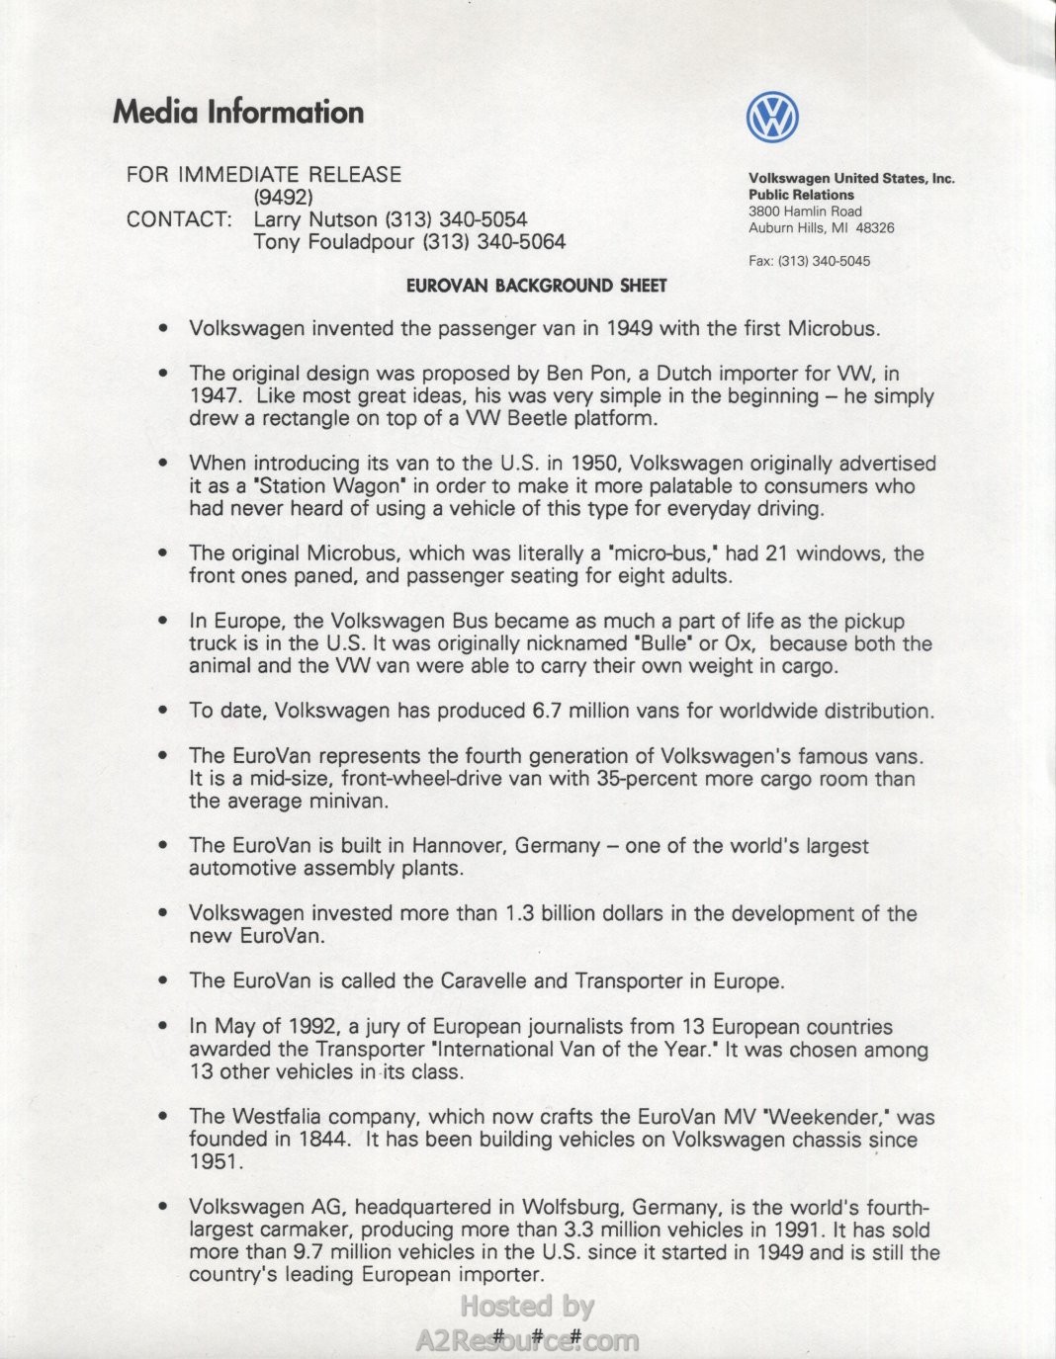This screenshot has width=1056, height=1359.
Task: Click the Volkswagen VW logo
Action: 772,118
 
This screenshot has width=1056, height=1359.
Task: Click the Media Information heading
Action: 238,112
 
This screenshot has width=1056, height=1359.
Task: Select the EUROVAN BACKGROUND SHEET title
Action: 537,286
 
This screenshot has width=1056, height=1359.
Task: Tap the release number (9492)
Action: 284,197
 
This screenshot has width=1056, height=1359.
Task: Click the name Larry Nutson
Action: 315,219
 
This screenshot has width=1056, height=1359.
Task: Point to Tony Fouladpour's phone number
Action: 494,242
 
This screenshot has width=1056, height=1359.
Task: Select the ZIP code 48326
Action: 874,228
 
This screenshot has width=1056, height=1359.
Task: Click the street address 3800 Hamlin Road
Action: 805,212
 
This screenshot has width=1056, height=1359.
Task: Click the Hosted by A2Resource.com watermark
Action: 527,1323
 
